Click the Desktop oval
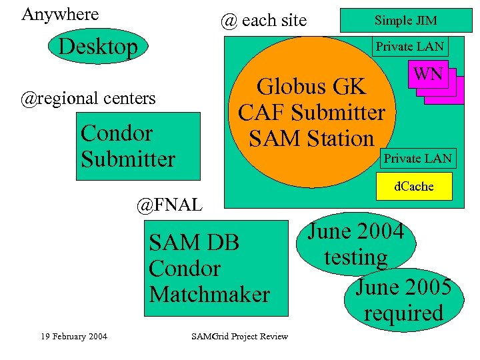point(98,47)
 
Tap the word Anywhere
point(60,14)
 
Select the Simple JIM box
point(405,21)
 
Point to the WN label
point(429,74)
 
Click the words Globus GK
point(311,87)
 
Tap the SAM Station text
point(311,139)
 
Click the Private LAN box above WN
point(409,47)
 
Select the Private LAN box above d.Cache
point(417,158)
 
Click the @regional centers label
point(88,99)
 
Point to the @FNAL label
point(169,204)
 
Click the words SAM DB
point(194,242)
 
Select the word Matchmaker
point(209,294)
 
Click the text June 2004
point(356,231)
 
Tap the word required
point(403,313)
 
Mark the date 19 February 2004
point(73,336)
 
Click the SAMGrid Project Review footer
point(239,336)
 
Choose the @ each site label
point(263,21)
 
